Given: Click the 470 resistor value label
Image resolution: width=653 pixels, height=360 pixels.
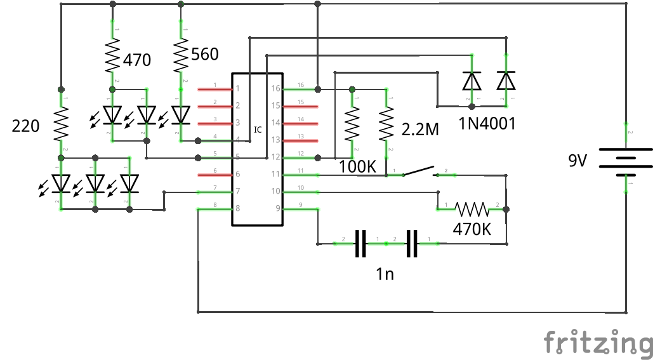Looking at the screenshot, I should (x=137, y=60).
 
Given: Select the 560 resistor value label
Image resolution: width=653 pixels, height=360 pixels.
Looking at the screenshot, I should (x=204, y=55).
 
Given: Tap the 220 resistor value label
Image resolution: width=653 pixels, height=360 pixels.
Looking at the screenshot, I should (x=26, y=126).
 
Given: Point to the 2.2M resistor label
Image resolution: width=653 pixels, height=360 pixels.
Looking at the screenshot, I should (x=420, y=130).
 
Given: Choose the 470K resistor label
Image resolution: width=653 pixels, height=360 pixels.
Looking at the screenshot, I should (x=472, y=229).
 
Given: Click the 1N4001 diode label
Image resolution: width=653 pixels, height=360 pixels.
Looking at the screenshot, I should (x=487, y=124).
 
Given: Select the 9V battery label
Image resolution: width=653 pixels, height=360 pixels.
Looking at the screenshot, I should (x=577, y=161).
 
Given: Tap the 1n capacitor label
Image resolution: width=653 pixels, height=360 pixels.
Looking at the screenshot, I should (x=385, y=274).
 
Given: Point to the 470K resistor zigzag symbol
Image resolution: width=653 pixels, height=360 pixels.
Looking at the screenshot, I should (x=472, y=208).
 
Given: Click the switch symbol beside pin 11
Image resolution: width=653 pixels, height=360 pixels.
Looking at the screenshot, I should (x=419, y=171).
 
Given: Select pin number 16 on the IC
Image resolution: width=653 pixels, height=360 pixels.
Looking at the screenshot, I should (x=275, y=88).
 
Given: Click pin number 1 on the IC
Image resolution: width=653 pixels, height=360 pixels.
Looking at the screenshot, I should (x=238, y=88).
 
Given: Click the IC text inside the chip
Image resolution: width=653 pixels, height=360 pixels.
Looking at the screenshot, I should (x=258, y=130).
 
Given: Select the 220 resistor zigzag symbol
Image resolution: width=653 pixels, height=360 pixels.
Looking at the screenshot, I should (x=62, y=124).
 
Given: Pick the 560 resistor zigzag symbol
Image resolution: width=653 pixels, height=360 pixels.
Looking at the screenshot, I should (x=181, y=56).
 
